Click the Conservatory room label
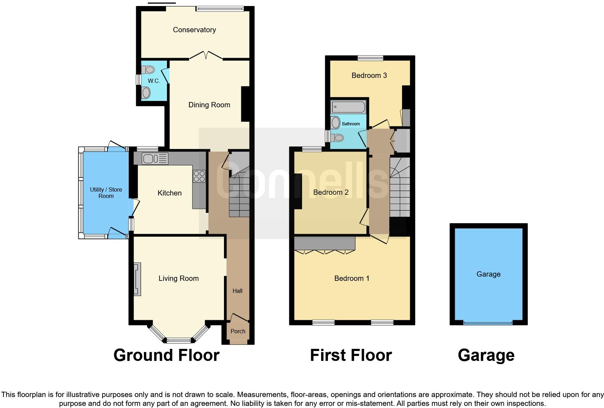tap(194, 30)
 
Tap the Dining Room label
tap(209, 105)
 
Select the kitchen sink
tap(155, 159)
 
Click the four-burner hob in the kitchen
tap(199, 176)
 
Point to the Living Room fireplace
tap(137, 279)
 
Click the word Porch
tap(238, 331)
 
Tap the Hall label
tap(237, 291)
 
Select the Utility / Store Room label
tap(106, 193)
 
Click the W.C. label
tap(154, 81)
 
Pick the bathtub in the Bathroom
tap(348, 107)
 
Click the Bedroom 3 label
tap(369, 75)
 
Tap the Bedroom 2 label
tap(331, 192)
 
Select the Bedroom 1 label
tap(352, 278)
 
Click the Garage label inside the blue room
tap(488, 274)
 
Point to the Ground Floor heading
tap(166, 355)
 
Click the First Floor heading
tap(351, 355)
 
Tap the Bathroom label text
tap(351, 124)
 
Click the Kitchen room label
tap(169, 193)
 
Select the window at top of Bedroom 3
tap(370, 58)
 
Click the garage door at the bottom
tap(488, 323)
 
